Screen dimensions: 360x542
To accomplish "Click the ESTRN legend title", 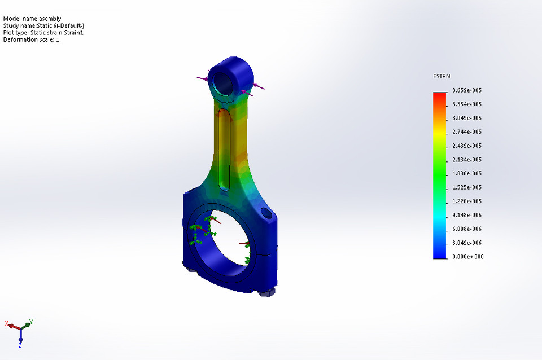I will (x=441, y=76).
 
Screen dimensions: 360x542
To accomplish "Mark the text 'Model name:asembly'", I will (x=32, y=19).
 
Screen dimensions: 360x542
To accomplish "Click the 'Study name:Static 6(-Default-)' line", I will (x=43, y=25).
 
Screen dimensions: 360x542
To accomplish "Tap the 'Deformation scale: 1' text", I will (x=31, y=39).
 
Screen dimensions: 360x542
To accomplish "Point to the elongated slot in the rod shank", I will (x=224, y=150).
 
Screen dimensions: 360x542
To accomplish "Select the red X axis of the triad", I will (x=13, y=325).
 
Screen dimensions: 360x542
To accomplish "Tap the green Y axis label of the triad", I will (x=31, y=322).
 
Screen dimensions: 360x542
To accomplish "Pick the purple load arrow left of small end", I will (x=202, y=78).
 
